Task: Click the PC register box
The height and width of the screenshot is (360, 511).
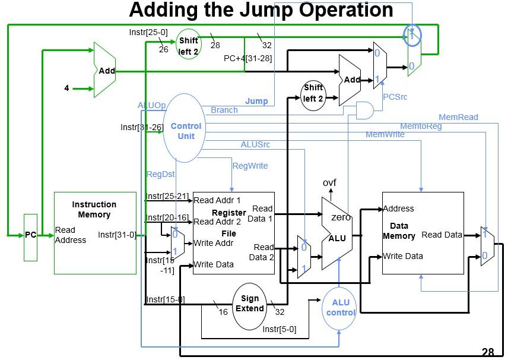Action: pyautogui.click(x=30, y=236)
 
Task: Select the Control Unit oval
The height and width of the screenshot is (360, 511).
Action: pyautogui.click(x=186, y=131)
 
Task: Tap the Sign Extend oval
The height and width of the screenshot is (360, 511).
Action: pyautogui.click(x=249, y=304)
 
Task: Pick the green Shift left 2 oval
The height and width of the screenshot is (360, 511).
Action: pyautogui.click(x=189, y=46)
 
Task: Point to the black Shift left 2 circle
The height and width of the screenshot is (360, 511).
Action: pyautogui.click(x=313, y=93)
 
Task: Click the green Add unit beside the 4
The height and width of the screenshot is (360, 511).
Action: pyautogui.click(x=105, y=71)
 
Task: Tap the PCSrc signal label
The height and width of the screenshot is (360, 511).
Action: pyautogui.click(x=395, y=97)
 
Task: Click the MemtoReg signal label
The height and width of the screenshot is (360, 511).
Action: pyautogui.click(x=420, y=126)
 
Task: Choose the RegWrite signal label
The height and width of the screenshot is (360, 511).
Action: pyautogui.click(x=250, y=166)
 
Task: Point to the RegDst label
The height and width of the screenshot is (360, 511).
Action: pyautogui.click(x=161, y=174)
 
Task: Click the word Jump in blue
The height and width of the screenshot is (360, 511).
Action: pyautogui.click(x=256, y=101)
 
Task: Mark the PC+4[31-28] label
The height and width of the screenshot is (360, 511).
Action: pyautogui.click(x=247, y=58)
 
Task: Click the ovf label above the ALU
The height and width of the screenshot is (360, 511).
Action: pyautogui.click(x=329, y=182)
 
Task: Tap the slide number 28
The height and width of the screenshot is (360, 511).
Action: pyautogui.click(x=488, y=352)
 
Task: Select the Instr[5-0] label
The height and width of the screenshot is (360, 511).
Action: pyautogui.click(x=279, y=329)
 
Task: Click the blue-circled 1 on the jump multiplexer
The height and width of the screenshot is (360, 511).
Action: pyautogui.click(x=412, y=35)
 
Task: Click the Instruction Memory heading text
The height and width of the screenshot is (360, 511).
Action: pyautogui.click(x=94, y=209)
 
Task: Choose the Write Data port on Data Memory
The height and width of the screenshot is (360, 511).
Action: pyautogui.click(x=402, y=256)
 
